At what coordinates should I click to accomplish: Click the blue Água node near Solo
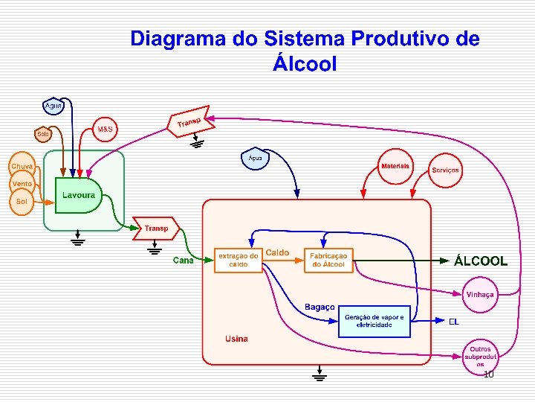(53, 106)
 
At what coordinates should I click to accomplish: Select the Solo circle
(43, 134)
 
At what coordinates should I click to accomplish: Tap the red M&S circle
(105, 129)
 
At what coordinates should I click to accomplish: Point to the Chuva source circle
(22, 166)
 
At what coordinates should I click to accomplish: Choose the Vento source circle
(22, 183)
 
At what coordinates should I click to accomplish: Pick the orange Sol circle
(22, 202)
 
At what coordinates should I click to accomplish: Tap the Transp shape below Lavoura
(156, 229)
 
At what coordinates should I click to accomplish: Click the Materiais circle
(395, 167)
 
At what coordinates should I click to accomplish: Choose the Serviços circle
(446, 170)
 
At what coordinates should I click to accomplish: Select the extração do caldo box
(238, 260)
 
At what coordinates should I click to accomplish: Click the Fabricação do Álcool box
(328, 260)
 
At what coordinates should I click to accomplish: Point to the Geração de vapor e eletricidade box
(374, 321)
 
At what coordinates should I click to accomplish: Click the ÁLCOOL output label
(481, 261)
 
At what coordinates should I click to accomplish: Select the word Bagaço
(320, 307)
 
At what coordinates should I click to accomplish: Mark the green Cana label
(183, 261)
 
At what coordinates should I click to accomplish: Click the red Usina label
(236, 339)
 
